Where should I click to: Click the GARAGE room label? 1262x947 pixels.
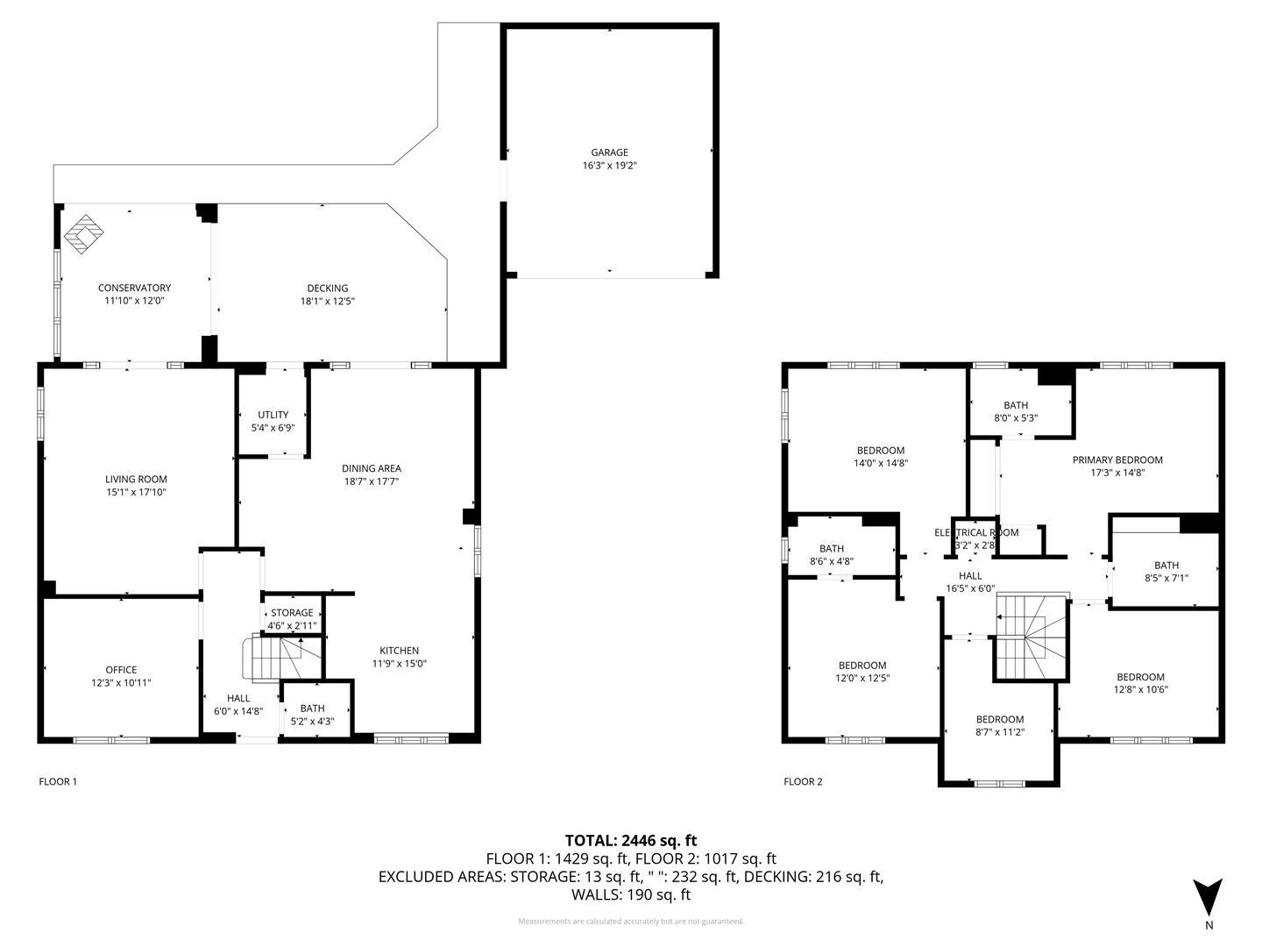click(609, 153)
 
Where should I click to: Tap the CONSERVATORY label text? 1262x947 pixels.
click(135, 288)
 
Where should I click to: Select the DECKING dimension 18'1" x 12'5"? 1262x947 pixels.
click(328, 301)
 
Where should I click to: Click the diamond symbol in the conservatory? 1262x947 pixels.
click(83, 234)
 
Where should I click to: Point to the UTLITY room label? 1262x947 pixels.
click(273, 415)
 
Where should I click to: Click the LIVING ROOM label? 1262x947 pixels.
click(136, 479)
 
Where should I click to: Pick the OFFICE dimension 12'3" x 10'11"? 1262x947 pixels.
click(121, 682)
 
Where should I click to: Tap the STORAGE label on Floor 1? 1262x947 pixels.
click(292, 612)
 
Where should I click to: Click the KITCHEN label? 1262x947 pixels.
click(399, 651)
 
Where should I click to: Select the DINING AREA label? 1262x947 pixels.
click(372, 468)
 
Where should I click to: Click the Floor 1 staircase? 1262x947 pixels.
click(280, 659)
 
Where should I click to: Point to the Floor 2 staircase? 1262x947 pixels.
click(1032, 637)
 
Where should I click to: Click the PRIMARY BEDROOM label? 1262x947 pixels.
click(1117, 459)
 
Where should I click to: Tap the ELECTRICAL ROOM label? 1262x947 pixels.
click(976, 532)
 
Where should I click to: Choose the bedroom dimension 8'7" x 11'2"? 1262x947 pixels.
click(1000, 732)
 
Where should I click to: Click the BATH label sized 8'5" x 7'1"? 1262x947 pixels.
click(1166, 566)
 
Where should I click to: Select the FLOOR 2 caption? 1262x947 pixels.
click(803, 781)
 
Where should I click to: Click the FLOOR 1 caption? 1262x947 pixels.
click(58, 781)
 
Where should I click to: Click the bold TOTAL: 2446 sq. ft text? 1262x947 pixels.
click(631, 841)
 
